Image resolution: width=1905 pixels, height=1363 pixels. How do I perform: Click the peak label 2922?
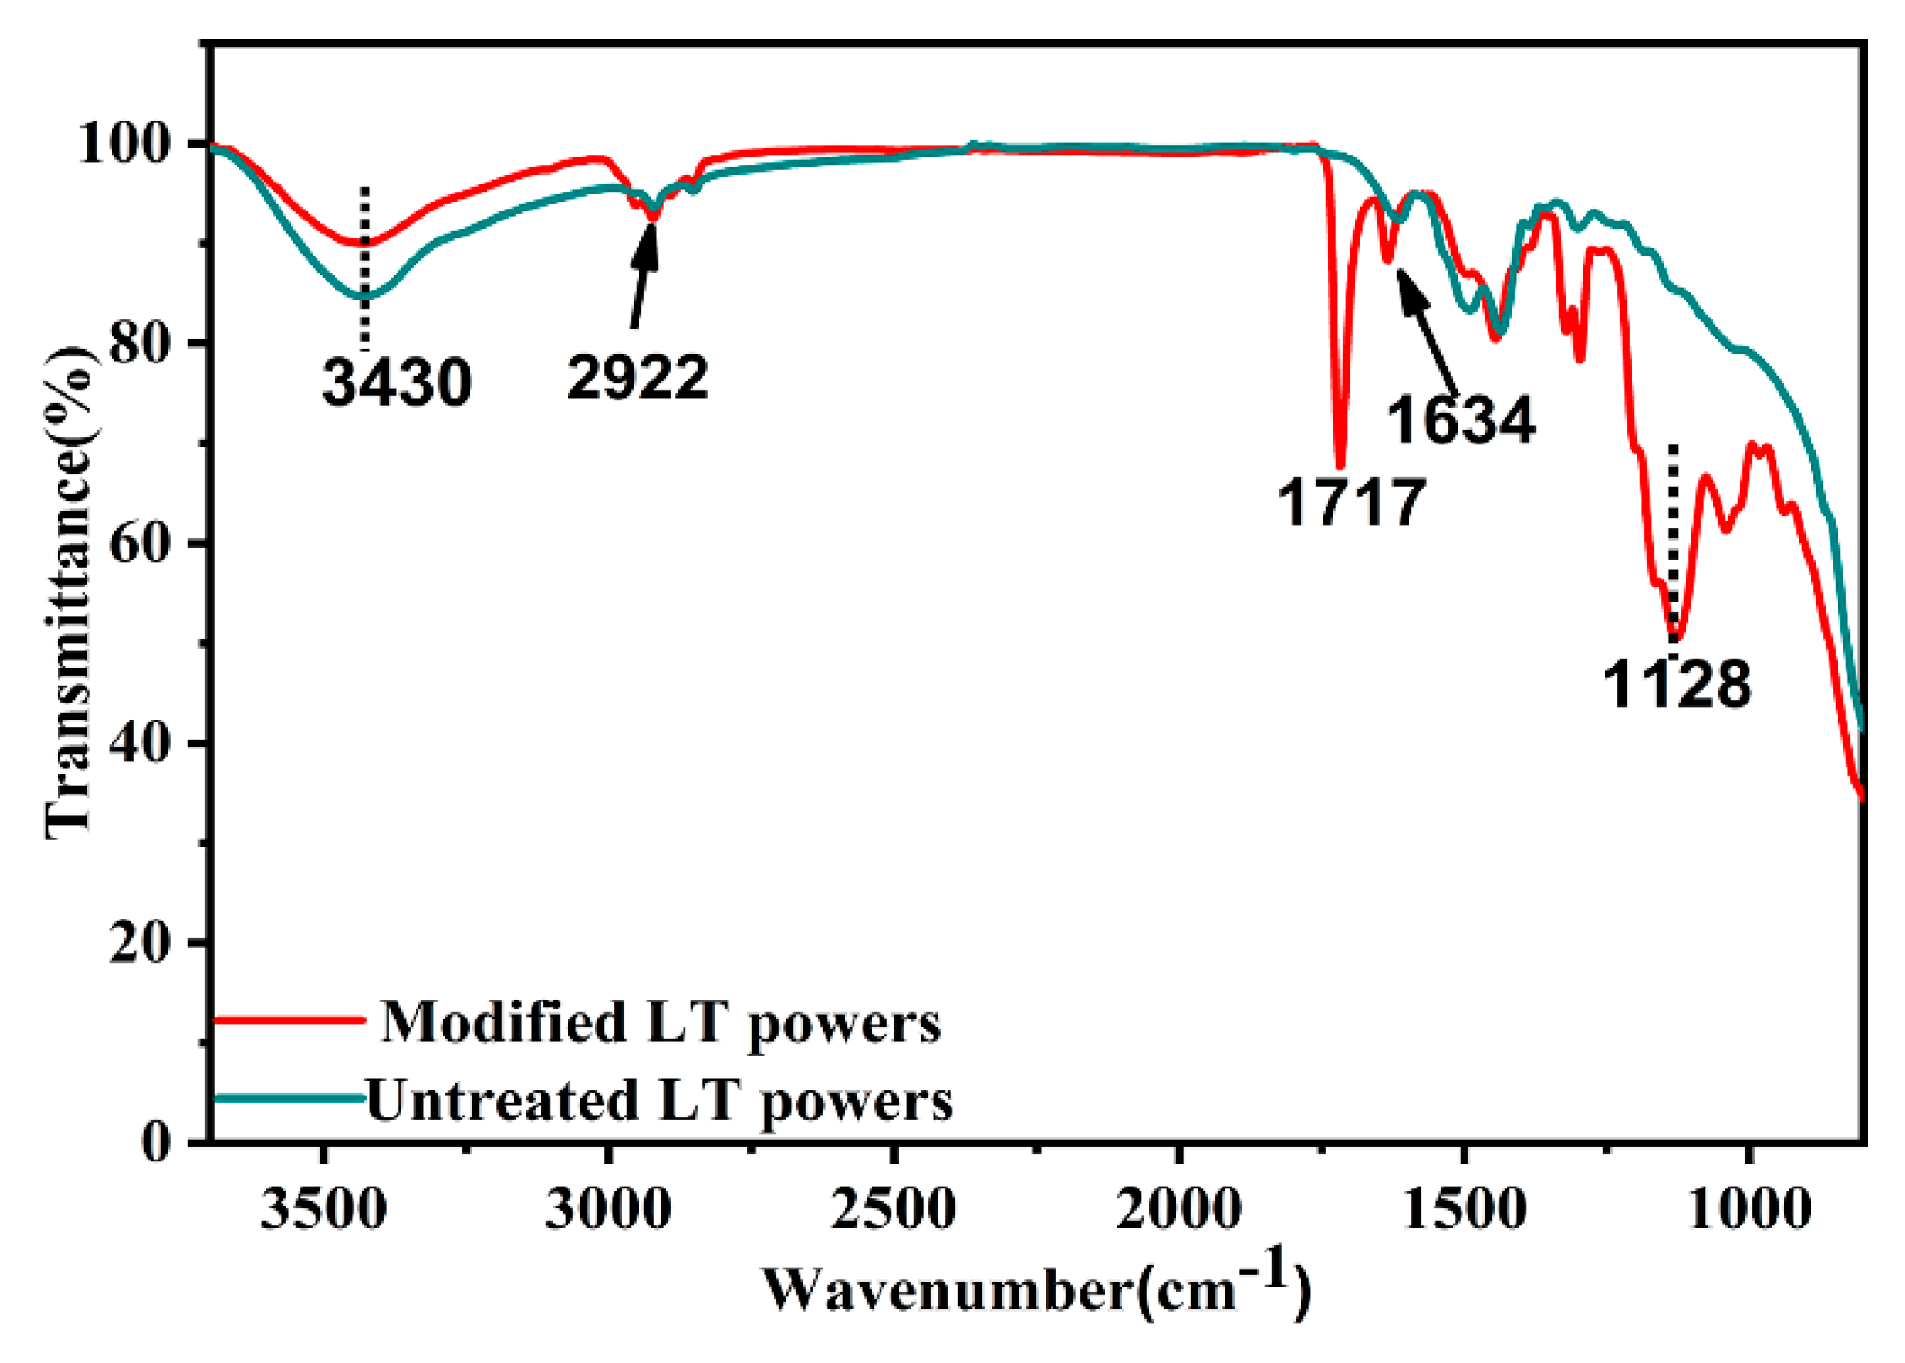(637, 378)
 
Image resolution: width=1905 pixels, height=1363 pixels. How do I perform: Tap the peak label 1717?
(1351, 502)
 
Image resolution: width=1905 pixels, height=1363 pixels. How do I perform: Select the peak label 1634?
(1461, 421)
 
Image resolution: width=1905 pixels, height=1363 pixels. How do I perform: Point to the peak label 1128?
(1677, 686)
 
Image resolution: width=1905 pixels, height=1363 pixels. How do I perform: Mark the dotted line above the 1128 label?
(1673, 540)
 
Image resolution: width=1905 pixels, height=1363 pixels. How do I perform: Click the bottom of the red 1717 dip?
(1340, 464)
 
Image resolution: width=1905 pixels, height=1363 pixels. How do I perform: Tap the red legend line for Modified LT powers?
(290, 1019)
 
